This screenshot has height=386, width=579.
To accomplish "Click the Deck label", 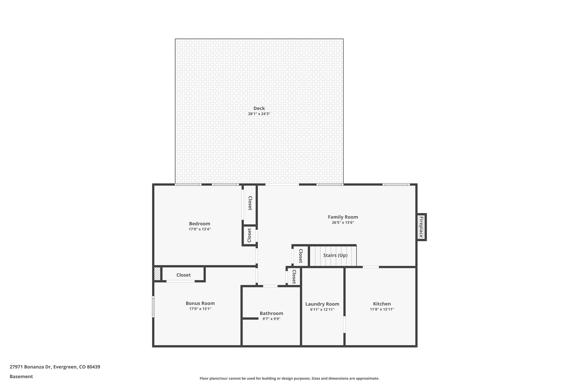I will tap(259, 108).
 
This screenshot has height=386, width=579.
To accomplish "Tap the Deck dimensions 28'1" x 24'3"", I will tap(259, 114).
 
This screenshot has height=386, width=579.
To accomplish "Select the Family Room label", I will tap(343, 217).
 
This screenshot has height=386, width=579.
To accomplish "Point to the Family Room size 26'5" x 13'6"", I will tap(343, 223).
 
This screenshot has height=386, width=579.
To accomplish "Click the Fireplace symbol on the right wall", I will tap(421, 227).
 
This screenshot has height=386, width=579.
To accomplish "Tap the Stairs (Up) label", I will tap(335, 255).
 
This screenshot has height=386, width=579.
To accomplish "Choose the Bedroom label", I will tap(200, 224).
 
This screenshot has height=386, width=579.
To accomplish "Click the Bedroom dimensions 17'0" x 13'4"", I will tap(200, 229).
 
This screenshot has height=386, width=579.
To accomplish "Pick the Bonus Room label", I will tap(200, 303).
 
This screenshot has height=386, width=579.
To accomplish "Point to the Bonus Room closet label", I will tap(183, 275).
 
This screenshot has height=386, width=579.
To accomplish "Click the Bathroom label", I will tap(271, 313).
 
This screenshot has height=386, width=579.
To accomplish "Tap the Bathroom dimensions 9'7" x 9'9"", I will tap(271, 319).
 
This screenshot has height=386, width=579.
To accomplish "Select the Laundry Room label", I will tap(322, 304).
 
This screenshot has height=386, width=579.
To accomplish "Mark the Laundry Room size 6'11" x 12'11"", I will tap(322, 310).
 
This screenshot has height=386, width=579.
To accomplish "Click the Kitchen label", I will tap(382, 304).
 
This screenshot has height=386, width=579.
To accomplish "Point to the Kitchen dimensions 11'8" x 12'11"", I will tap(382, 309).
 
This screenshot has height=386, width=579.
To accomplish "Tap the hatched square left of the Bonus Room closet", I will tap(157, 274).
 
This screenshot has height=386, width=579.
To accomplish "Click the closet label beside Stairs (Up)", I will tap(301, 256).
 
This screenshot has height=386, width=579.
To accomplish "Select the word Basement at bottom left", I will tap(21, 377).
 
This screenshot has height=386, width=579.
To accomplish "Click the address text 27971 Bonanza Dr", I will tap(30, 367).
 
